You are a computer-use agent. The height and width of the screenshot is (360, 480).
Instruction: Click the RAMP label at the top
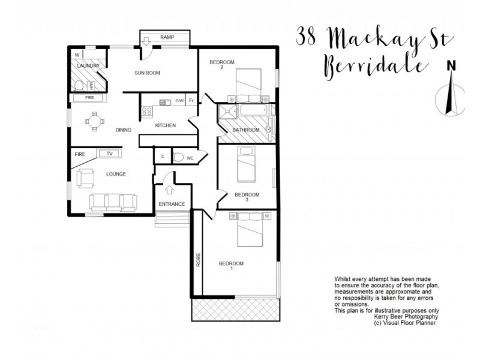click(166, 38)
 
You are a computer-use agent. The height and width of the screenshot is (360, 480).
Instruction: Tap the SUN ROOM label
click(147, 73)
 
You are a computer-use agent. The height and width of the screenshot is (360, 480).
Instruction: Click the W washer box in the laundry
click(77, 55)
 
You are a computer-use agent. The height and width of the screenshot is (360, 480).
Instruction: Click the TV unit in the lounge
click(109, 154)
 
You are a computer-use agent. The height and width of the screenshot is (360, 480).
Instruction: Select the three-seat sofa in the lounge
click(113, 202)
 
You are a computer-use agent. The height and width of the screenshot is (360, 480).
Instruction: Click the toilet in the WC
click(179, 157)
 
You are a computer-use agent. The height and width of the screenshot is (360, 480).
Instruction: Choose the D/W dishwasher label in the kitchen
click(179, 101)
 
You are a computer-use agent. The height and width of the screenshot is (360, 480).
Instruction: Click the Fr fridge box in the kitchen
click(191, 101)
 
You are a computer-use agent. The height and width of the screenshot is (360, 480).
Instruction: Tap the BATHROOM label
click(246, 130)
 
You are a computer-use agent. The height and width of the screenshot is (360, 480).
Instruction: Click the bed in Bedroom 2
click(247, 85)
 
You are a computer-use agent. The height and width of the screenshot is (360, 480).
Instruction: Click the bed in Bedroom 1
click(251, 230)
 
